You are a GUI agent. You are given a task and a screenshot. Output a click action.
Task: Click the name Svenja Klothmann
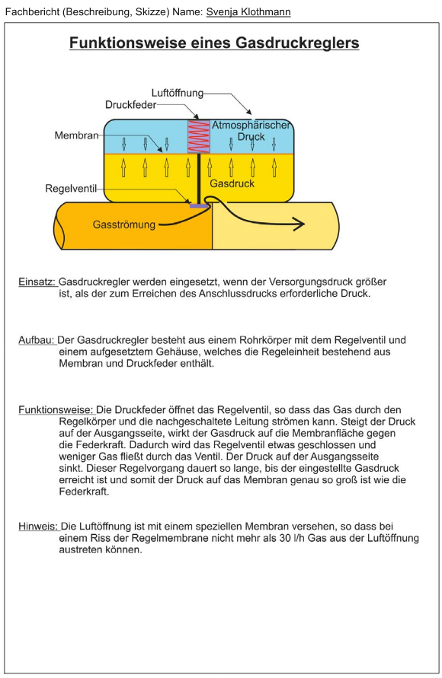pos(248,11)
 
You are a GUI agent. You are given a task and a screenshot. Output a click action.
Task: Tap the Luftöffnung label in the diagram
pos(178,93)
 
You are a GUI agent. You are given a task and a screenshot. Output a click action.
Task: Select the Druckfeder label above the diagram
pos(131,105)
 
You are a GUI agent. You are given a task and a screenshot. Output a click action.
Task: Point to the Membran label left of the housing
pos(77,135)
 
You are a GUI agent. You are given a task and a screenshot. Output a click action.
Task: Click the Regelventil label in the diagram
pos(71,189)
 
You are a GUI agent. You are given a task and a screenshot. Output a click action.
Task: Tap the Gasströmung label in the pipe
pos(123,224)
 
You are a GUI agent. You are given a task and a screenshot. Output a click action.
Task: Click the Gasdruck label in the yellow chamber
pos(232,183)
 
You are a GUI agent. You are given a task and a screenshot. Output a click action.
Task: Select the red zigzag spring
pos(198,136)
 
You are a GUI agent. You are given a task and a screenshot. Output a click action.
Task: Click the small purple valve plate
pos(199,205)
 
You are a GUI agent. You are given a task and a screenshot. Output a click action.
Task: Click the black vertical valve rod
pos(198,178)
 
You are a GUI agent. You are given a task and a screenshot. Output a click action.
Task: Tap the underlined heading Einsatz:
pos(37,282)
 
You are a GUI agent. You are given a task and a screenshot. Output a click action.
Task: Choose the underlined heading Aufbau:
pos(37,340)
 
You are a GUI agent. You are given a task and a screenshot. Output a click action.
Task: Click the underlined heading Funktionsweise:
pos(56,410)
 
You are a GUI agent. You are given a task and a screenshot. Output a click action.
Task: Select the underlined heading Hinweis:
pos(38,527)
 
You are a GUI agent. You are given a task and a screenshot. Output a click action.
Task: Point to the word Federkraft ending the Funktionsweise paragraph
pos(84,492)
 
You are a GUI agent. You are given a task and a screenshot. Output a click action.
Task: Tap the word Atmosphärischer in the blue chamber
pos(251,125)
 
